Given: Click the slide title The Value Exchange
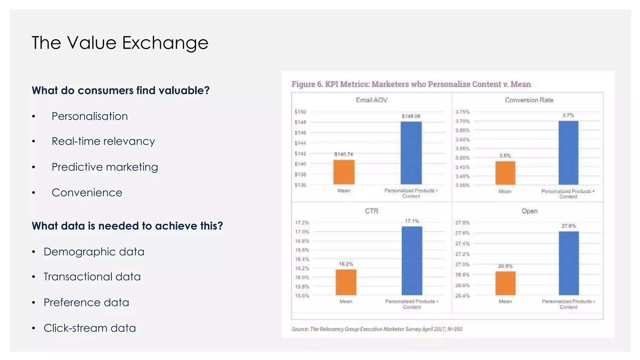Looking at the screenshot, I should (120, 43).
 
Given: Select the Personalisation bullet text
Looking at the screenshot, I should (89, 116).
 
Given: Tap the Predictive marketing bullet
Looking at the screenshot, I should (105, 167).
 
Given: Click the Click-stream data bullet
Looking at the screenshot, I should (89, 328).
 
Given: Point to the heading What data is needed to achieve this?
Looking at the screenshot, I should (127, 226).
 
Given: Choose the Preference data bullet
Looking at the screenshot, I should (86, 302).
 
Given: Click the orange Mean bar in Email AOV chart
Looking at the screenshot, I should (344, 172).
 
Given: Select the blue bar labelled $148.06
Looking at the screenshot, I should (411, 153).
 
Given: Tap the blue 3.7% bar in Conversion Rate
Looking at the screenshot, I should (568, 153).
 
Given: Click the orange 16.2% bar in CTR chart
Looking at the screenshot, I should (346, 282).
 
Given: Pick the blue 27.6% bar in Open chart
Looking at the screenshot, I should (568, 263).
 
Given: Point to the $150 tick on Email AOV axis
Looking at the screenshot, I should (300, 112).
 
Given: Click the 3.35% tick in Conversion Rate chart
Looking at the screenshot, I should (462, 185).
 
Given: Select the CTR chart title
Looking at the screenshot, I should (372, 211).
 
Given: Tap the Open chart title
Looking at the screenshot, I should (529, 211).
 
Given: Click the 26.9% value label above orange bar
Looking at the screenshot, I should (505, 266).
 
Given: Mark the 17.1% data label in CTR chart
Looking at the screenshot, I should (412, 221).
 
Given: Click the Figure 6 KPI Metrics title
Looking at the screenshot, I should (411, 84).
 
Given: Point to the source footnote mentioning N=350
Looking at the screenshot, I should (377, 329).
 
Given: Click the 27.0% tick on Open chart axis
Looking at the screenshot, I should (462, 264).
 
